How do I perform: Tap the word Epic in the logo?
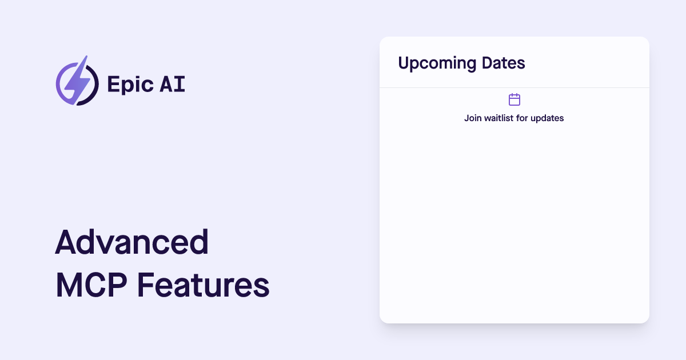130,85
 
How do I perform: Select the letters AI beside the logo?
173,84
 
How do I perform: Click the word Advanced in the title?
132,242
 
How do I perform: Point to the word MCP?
91,285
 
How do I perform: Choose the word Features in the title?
203,285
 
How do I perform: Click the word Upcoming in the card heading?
437,63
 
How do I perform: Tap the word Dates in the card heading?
504,63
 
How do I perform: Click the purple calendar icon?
514,99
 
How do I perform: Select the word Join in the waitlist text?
473,118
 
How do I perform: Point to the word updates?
547,118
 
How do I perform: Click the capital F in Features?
145,285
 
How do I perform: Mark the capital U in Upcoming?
404,63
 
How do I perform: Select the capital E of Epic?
113,84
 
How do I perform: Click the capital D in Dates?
488,63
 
